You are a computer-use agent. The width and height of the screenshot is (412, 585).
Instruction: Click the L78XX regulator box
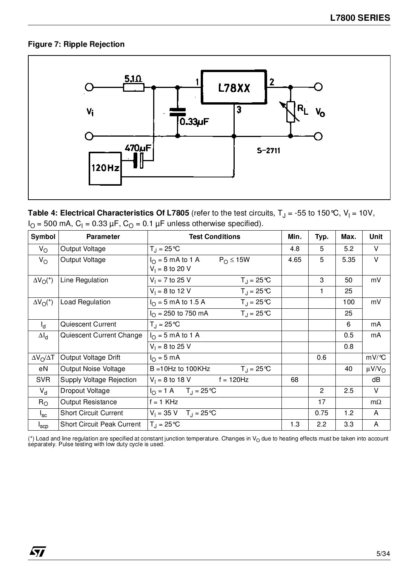[234, 87]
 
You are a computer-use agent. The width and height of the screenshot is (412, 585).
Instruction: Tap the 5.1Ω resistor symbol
[134, 87]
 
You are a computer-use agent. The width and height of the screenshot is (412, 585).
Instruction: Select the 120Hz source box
[105, 168]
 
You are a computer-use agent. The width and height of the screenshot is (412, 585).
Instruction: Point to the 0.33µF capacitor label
[194, 122]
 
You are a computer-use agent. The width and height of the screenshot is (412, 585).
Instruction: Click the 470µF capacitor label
[138, 148]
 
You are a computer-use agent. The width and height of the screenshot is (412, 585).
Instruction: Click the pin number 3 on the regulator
[239, 110]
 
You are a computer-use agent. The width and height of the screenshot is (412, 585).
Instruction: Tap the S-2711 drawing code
[269, 151]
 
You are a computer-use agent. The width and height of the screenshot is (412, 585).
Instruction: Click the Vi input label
[90, 112]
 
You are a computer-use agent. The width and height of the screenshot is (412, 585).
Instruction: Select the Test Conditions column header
[214, 237]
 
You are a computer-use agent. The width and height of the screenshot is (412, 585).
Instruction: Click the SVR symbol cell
[43, 380]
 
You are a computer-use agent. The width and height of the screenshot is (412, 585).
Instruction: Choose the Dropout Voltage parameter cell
[85, 391]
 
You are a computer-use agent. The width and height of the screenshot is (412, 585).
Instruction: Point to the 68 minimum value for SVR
[295, 380]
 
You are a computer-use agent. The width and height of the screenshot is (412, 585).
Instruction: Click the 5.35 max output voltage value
[349, 260]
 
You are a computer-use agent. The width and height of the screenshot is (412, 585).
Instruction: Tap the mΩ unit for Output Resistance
[376, 402]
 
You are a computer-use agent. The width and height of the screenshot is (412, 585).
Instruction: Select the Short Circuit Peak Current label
[100, 424]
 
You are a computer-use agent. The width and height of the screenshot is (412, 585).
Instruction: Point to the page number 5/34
[383, 554]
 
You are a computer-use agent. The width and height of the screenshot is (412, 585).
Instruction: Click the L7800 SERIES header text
[360, 18]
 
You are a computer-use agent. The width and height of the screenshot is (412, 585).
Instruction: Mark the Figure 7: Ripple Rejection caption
[76, 44]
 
